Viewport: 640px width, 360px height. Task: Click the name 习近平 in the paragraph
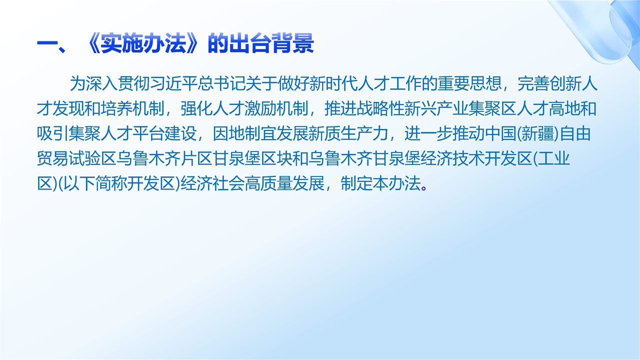click(174, 83)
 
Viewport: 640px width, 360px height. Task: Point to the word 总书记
click(221, 83)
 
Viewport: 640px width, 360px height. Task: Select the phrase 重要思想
click(469, 83)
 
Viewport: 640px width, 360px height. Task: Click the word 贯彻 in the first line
click(134, 83)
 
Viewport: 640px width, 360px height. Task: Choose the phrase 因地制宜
click(244, 133)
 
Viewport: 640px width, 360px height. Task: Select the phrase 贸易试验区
click(76, 158)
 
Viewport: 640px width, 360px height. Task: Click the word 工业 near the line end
click(553, 158)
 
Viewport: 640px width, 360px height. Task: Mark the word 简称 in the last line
click(111, 183)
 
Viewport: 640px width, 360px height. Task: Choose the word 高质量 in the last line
click(268, 183)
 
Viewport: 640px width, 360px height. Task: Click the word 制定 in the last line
click(356, 183)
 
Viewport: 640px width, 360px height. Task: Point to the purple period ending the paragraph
click(423, 188)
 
